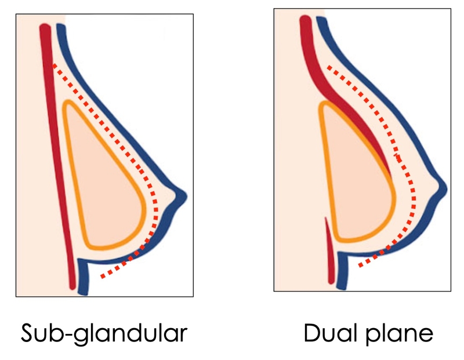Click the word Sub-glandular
coord(104,334)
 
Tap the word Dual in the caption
coord(328,334)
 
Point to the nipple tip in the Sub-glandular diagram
coord(185,194)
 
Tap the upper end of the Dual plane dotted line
coord(329,67)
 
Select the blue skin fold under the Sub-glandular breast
coord(83,272)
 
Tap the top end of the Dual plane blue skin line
coord(320,20)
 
